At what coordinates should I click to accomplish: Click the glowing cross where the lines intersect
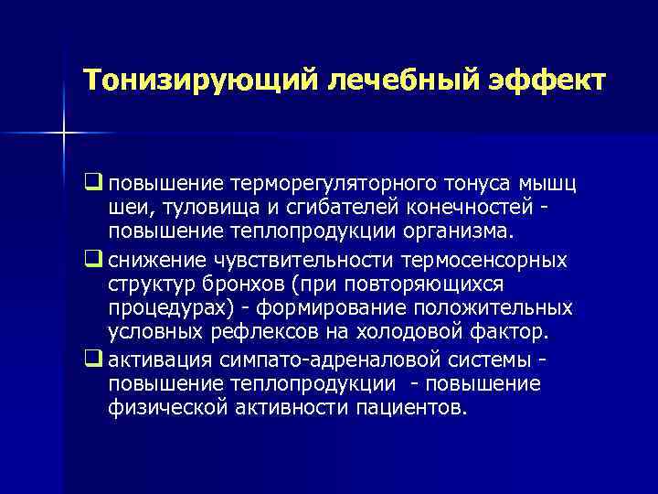(64, 134)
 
